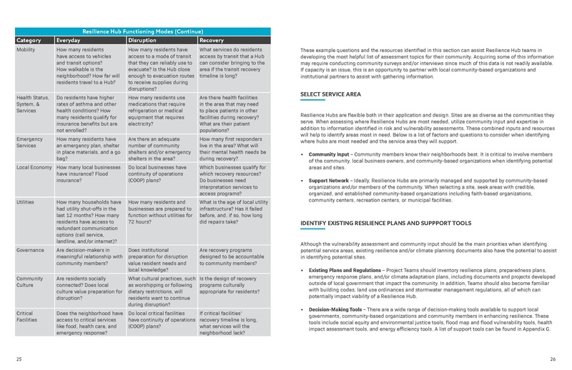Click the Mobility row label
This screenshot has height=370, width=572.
point(27,51)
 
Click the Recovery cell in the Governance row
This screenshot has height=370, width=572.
point(232,258)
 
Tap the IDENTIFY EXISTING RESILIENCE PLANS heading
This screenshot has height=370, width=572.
point(386,223)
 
